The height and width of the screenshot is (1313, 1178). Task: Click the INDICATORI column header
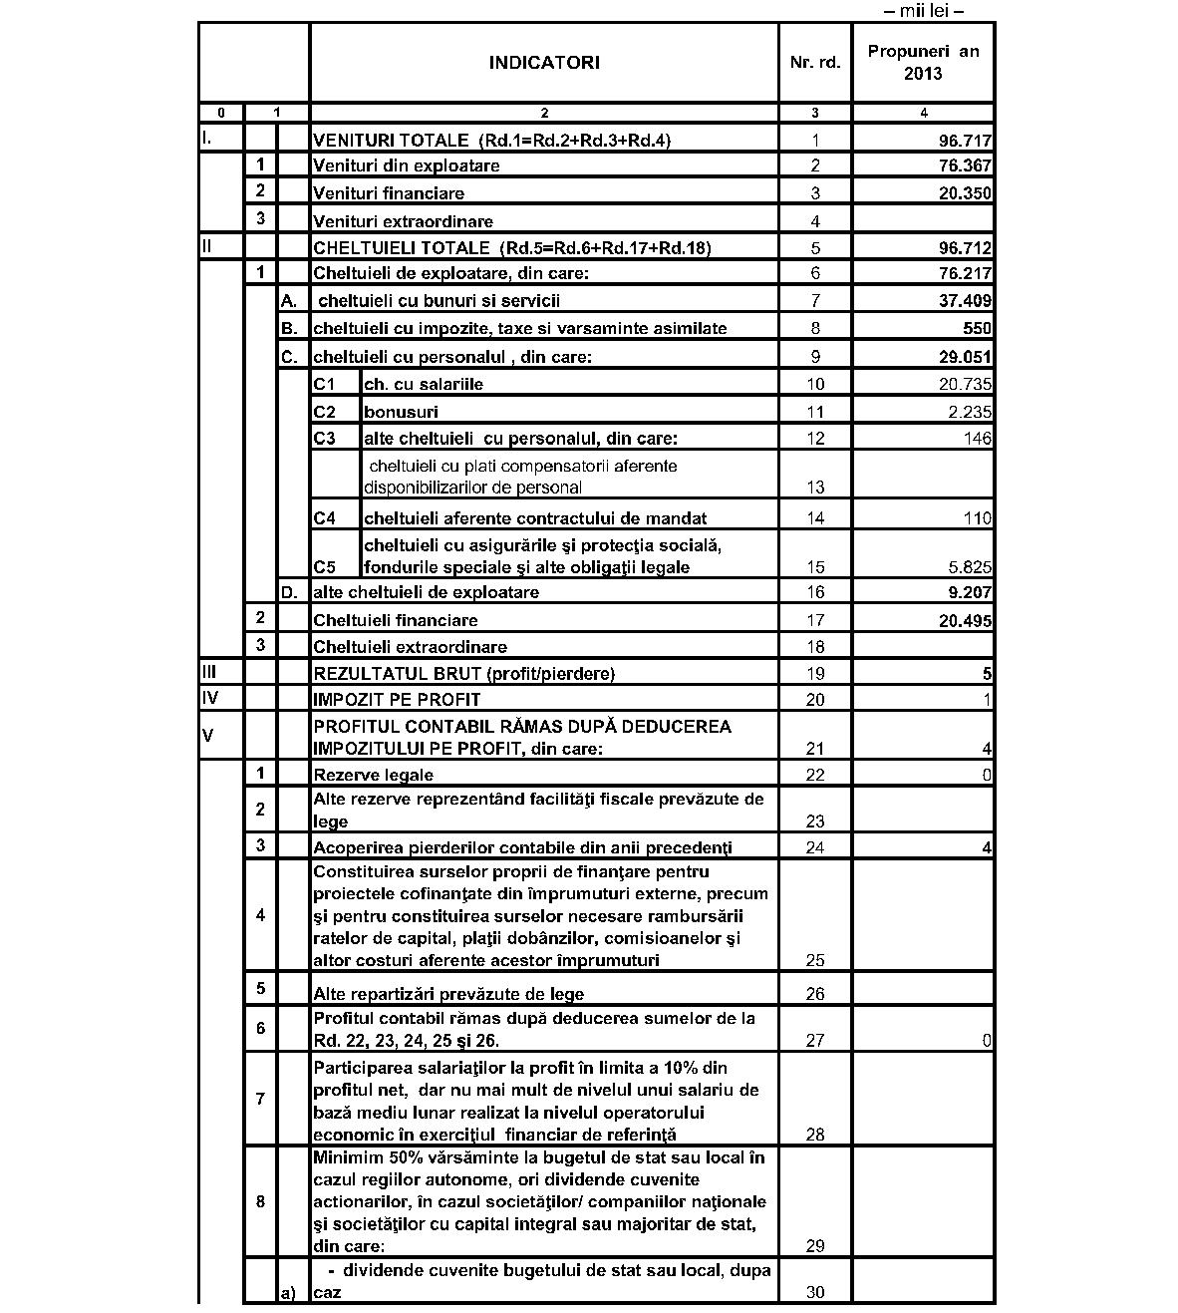click(x=543, y=62)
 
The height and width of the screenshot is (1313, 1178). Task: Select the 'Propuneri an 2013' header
click(x=923, y=62)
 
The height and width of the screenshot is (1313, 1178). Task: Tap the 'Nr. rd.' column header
click(x=814, y=62)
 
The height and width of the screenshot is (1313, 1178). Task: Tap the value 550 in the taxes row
click(x=977, y=328)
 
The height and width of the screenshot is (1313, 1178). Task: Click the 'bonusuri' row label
click(x=401, y=412)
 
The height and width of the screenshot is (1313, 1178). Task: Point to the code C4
click(x=324, y=518)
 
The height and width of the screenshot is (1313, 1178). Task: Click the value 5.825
click(x=969, y=567)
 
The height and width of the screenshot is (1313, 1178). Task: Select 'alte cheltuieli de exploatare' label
click(x=426, y=592)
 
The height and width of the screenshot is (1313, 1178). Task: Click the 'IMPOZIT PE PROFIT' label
click(x=397, y=700)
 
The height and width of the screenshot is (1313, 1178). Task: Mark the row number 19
click(x=815, y=674)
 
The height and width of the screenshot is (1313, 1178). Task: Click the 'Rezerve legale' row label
click(x=373, y=775)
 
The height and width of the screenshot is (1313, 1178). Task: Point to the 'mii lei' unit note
click(x=924, y=11)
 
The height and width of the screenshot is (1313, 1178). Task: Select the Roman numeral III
click(x=209, y=672)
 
